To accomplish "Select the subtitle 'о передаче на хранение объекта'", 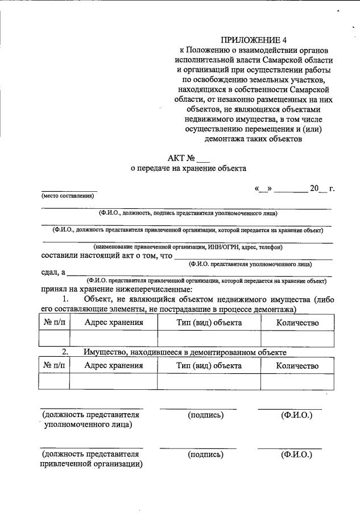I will coord(188,168).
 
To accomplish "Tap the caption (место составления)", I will coord(67,196).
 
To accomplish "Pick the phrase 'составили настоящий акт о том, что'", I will coord(106,256).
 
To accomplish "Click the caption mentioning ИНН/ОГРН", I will coord(188,247).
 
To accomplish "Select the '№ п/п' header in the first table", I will coord(54,323).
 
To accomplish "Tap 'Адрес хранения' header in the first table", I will coord(113,323).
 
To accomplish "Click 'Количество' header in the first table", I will coord(297,323).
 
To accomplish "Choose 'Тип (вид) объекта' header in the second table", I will coord(209,365).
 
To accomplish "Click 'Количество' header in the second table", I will coord(297,365).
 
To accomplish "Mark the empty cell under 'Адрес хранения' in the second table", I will coord(113,381).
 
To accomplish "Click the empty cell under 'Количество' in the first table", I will coord(297,339).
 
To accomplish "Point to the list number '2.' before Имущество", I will coord(65,352).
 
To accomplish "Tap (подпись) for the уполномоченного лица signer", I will coord(205,415).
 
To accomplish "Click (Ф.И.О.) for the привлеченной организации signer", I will coord(297,455).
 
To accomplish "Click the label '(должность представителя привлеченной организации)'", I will coord(91,459).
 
